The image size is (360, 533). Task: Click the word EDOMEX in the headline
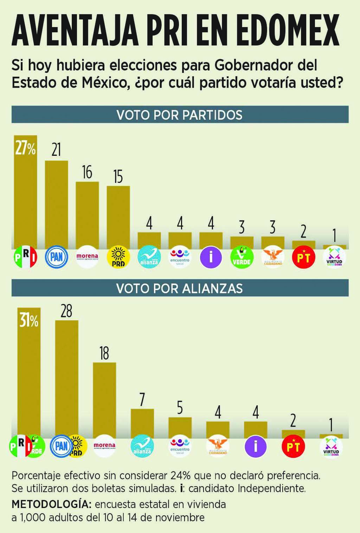(x=287, y=30)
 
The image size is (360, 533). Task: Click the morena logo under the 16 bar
(x=87, y=257)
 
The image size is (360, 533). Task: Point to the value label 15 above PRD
(x=118, y=177)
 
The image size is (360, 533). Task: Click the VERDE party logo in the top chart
(x=242, y=257)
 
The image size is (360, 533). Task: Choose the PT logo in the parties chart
(x=303, y=257)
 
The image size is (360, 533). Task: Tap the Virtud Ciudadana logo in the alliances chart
(x=331, y=447)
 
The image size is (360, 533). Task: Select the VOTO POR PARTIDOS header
(x=180, y=115)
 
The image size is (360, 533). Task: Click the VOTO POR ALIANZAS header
(x=180, y=288)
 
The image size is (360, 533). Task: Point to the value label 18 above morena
(x=104, y=353)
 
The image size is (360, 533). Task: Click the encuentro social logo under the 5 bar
(x=180, y=446)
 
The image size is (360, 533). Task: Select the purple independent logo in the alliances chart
(x=256, y=446)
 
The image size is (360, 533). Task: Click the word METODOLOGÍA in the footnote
(x=51, y=504)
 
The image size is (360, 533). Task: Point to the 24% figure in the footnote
(x=180, y=475)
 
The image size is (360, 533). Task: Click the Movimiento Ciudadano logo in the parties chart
(x=273, y=257)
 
